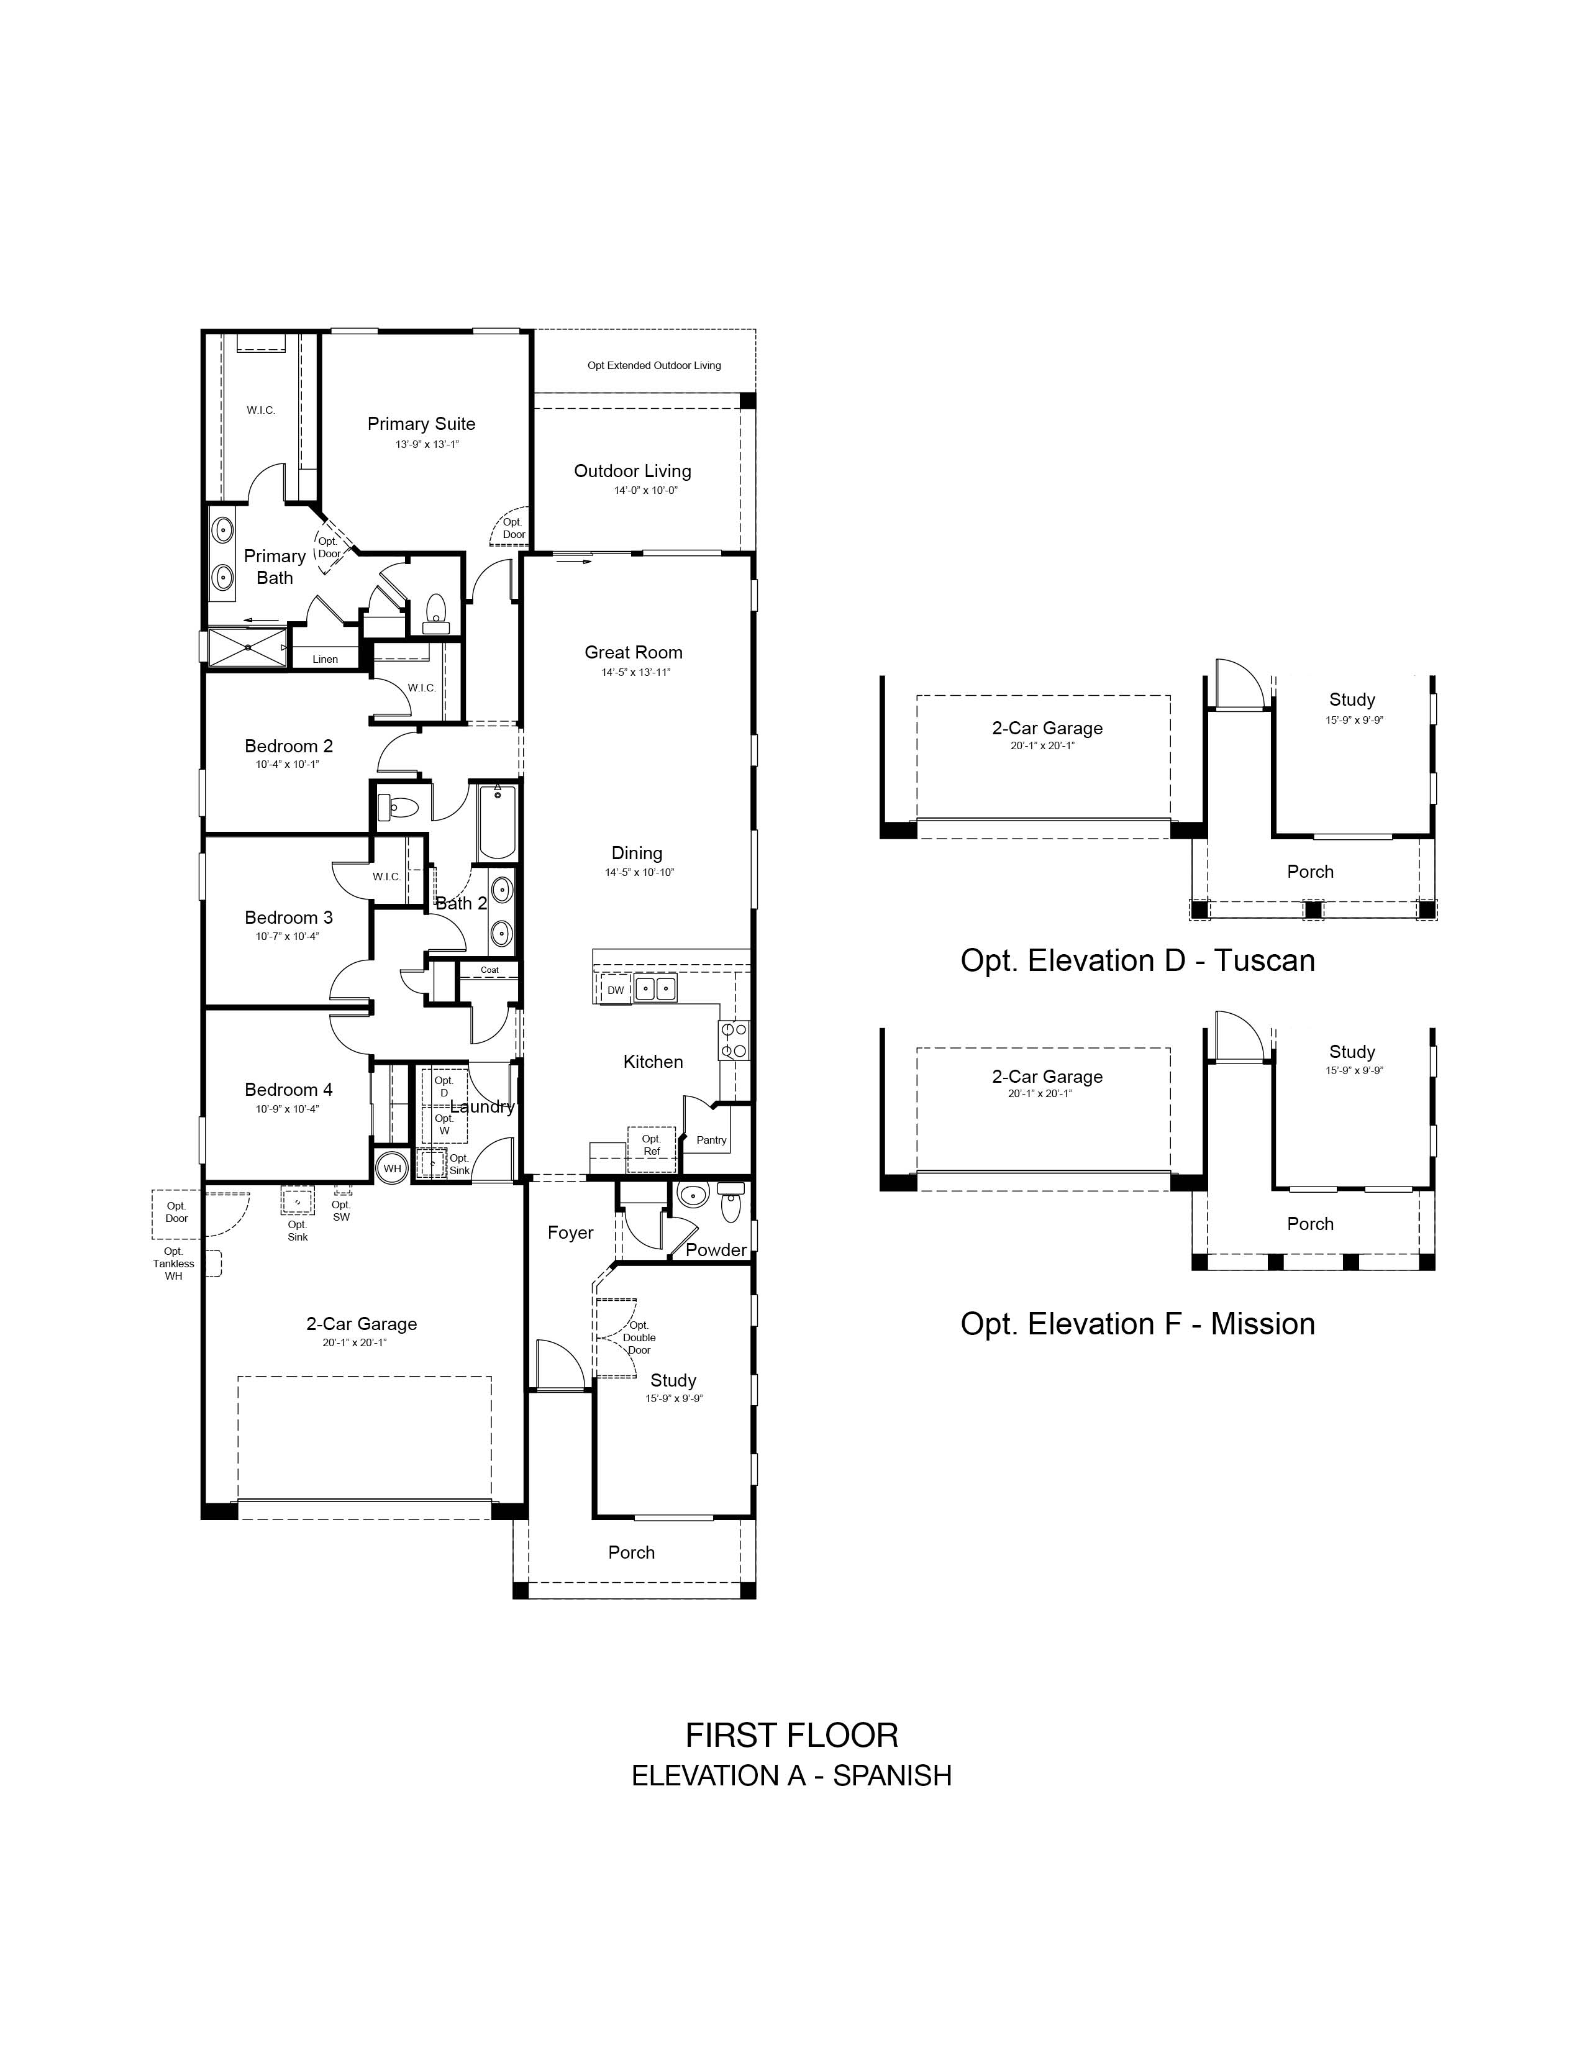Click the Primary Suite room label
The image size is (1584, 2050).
(421, 424)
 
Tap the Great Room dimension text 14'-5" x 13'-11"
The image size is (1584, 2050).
(636, 672)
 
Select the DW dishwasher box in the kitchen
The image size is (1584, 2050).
(616, 990)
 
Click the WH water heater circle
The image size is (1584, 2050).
(392, 1168)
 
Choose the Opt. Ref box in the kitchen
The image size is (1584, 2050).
(651, 1146)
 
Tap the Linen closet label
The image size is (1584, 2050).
(325, 659)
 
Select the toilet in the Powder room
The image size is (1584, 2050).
(730, 1201)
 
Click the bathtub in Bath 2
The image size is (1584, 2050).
(496, 823)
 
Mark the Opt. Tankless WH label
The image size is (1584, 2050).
(173, 1264)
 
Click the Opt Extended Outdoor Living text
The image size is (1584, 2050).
(654, 365)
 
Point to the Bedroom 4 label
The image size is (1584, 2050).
(289, 1090)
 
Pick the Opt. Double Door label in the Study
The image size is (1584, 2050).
(639, 1337)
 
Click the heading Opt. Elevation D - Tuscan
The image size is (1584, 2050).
(1137, 960)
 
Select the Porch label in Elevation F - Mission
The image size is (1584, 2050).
(1310, 1224)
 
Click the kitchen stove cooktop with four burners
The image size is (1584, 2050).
(733, 1040)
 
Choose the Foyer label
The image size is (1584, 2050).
(570, 1233)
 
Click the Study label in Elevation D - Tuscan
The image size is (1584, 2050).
(1352, 699)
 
